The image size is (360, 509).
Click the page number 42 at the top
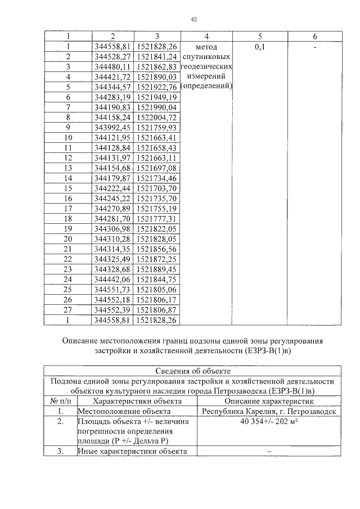(193, 19)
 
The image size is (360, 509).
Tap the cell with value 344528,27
(113, 57)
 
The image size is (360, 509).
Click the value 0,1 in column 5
(260, 47)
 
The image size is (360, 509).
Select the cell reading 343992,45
(113, 127)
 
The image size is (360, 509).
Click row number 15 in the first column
(68, 188)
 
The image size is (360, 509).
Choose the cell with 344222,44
(113, 188)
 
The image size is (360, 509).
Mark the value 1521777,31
(157, 218)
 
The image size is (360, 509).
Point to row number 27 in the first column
(68, 309)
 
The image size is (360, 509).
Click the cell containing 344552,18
(113, 299)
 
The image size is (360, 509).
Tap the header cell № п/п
(60, 401)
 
